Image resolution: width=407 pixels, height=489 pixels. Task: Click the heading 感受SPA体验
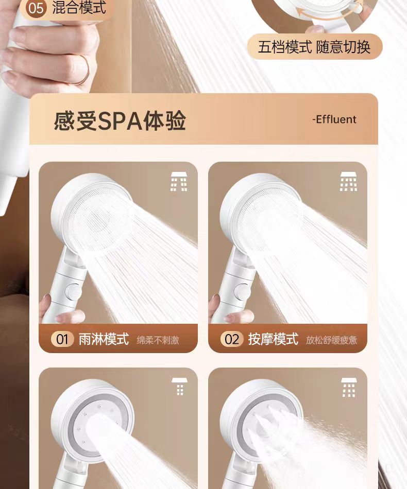120,120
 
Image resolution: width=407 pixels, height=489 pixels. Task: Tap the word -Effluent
334,119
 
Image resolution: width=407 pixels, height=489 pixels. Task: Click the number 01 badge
62,339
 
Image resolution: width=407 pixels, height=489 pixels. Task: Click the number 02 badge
232,339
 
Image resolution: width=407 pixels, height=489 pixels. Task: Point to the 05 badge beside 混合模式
36,8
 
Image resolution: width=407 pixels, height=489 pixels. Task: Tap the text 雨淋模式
104,339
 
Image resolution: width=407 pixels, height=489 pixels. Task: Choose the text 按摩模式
274,339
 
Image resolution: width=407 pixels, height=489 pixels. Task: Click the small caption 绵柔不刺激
158,340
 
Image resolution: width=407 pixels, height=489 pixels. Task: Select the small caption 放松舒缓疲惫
331,340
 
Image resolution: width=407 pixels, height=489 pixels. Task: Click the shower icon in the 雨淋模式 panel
179,181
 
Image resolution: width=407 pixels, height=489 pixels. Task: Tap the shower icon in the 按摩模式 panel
349,181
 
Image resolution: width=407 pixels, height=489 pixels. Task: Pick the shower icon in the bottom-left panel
179,387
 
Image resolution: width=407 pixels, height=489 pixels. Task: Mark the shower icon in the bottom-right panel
349,387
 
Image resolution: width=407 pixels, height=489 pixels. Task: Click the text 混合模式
79,8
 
